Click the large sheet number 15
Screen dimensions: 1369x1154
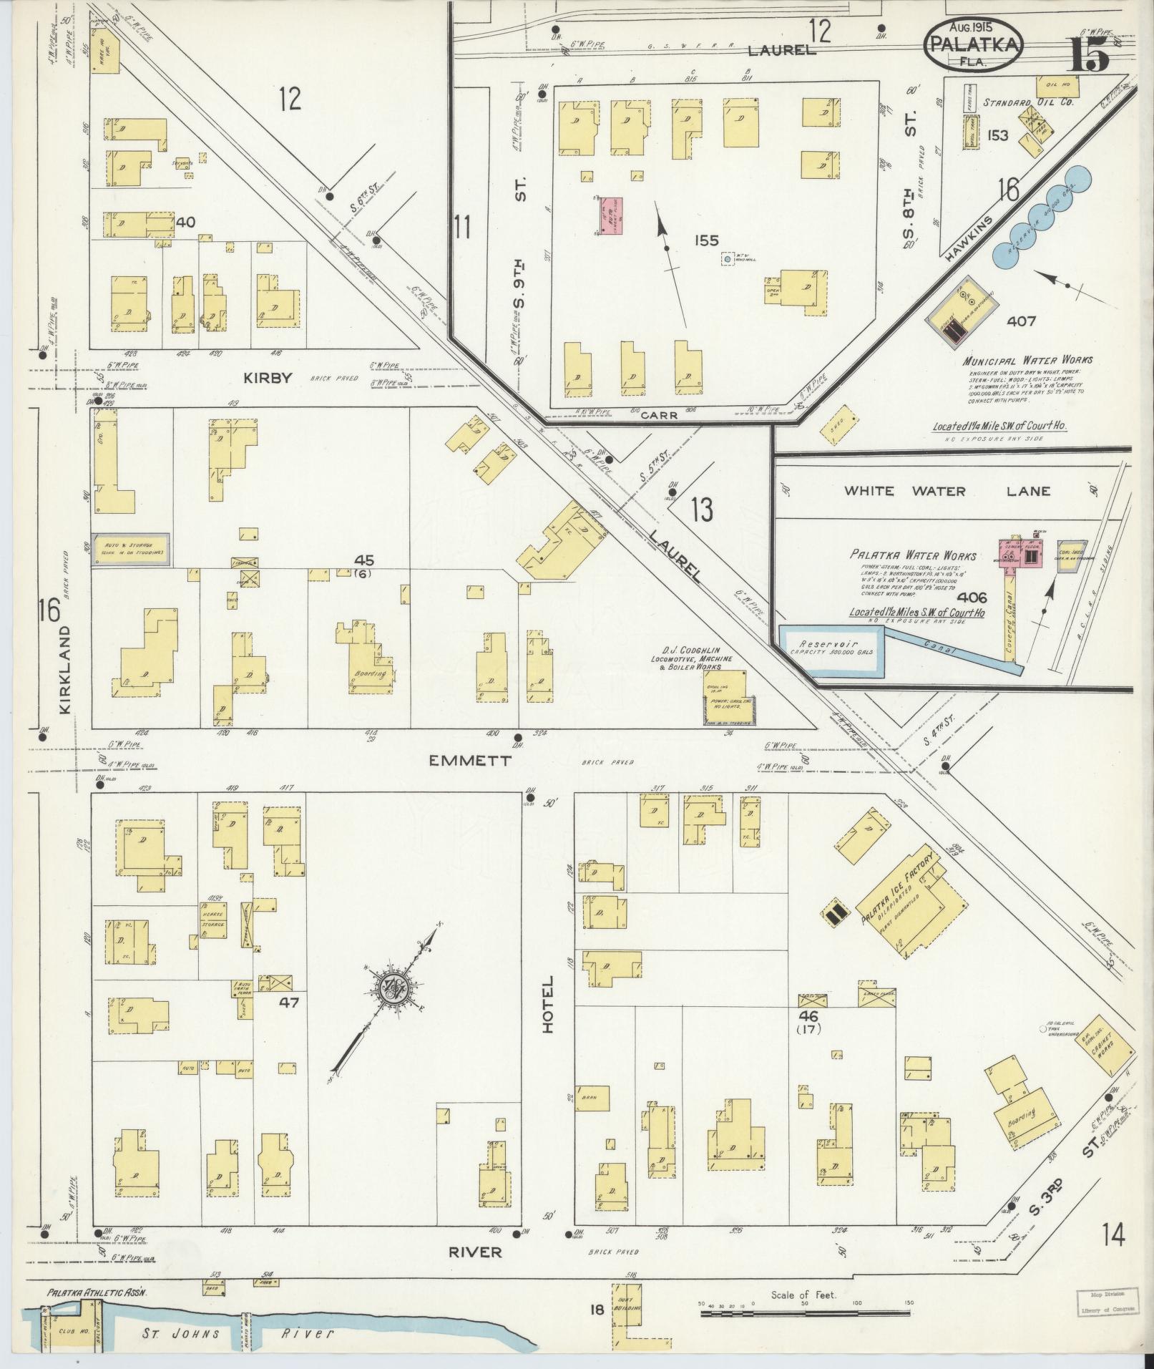tap(1089, 54)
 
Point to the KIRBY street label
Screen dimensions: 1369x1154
tap(268, 378)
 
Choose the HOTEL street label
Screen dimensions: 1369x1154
tap(549, 1003)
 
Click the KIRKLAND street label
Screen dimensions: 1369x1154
tap(65, 669)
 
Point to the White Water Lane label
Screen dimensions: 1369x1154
tap(947, 491)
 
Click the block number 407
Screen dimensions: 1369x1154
tap(1020, 321)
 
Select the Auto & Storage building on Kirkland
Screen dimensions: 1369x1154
tap(131, 550)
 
